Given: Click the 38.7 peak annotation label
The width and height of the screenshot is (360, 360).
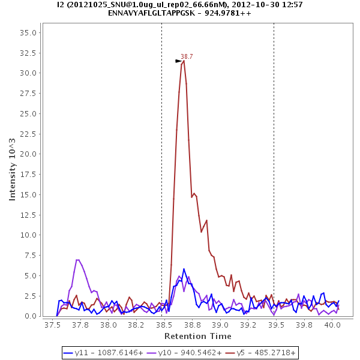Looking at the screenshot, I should point(187,56).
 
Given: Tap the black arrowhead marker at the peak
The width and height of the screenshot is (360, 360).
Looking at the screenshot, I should point(178,61).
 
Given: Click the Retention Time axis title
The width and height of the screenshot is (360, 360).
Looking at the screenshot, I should point(197,335).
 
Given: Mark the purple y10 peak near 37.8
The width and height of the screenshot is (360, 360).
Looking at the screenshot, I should point(77,260).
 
